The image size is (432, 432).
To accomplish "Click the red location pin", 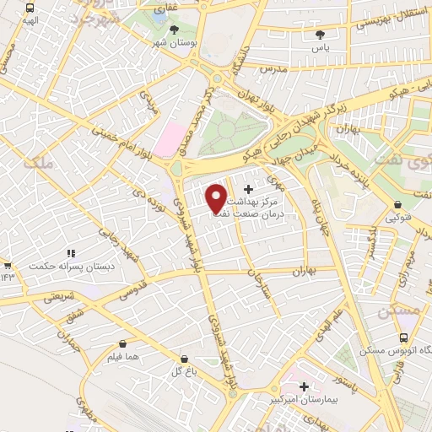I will point(216,197).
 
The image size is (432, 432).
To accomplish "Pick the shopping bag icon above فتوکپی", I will point(397,204).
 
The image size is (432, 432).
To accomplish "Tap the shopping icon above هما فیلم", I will point(124,343).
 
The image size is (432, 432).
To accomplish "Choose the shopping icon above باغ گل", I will point(184,359).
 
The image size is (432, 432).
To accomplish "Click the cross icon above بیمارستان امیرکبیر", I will point(304,386).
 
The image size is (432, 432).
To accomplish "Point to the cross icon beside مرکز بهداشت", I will point(248,190).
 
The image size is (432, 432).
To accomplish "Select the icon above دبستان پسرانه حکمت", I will point(71,253).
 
